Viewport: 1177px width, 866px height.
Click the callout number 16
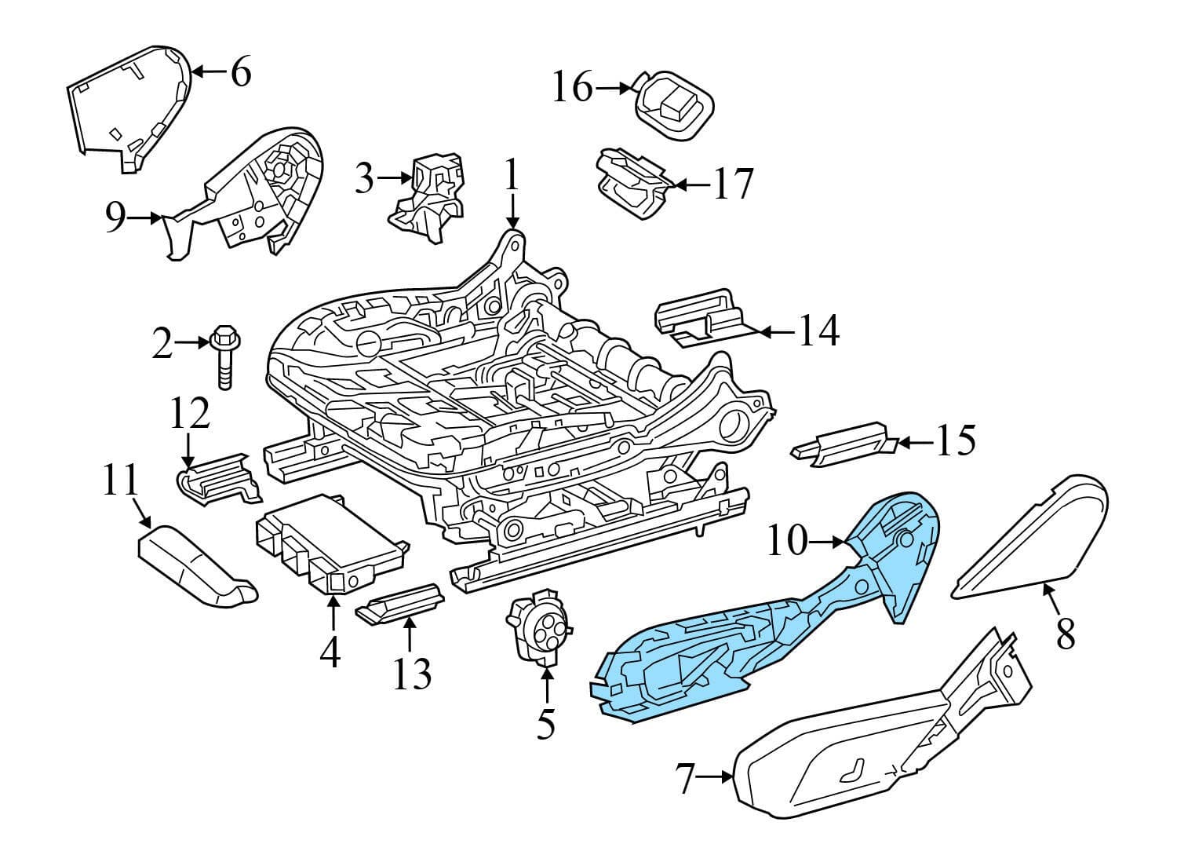click(572, 88)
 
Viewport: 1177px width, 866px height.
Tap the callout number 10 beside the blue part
click(786, 541)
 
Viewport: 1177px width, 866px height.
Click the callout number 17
click(732, 185)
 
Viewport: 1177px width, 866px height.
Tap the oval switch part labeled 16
click(673, 107)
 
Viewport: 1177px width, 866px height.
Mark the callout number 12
click(191, 414)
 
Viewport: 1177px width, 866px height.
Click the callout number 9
click(115, 217)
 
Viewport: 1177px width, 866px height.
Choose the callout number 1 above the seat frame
click(512, 177)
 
